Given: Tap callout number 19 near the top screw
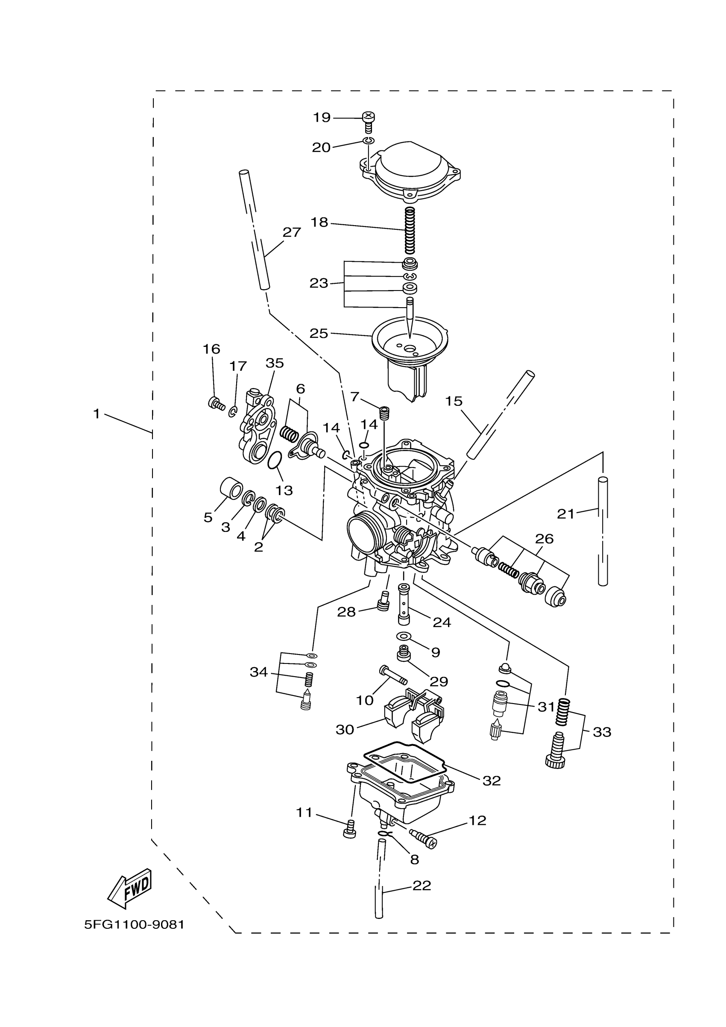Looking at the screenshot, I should coord(322,117).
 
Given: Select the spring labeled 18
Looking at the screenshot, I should coord(410,230).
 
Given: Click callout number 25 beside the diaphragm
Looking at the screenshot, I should coord(319,333).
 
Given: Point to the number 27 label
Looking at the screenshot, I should coord(292,232).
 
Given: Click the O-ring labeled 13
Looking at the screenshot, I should coord(275,460).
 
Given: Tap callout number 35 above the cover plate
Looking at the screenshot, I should coord(275,363).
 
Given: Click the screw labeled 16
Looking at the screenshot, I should coord(215,403).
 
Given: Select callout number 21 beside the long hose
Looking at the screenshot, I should coord(565,514).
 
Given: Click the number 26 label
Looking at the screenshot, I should coord(544,539).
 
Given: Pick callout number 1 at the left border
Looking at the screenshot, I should coord(96,414).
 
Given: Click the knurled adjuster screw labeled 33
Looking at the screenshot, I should coord(556,752).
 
